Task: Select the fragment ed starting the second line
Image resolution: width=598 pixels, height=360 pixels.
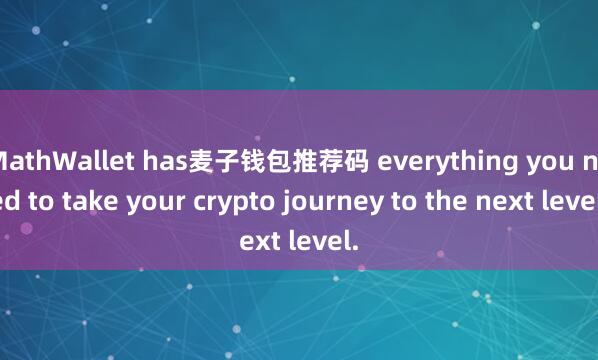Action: point(14,200)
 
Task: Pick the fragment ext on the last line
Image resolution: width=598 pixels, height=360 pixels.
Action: point(257,240)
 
